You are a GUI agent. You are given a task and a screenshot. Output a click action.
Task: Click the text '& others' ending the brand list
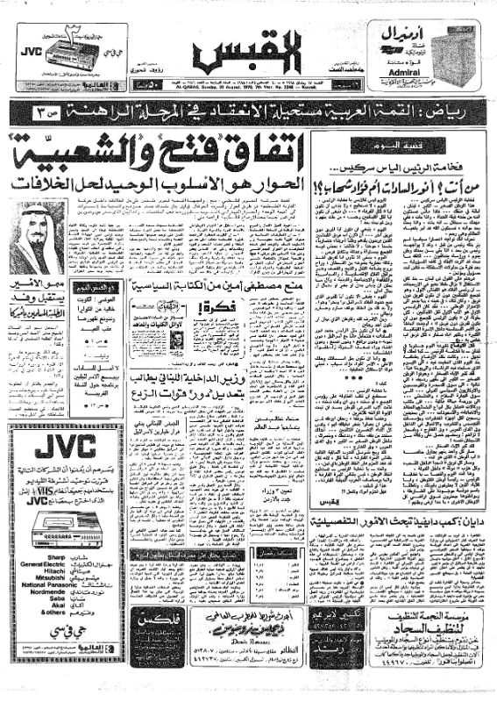click(36, 630)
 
